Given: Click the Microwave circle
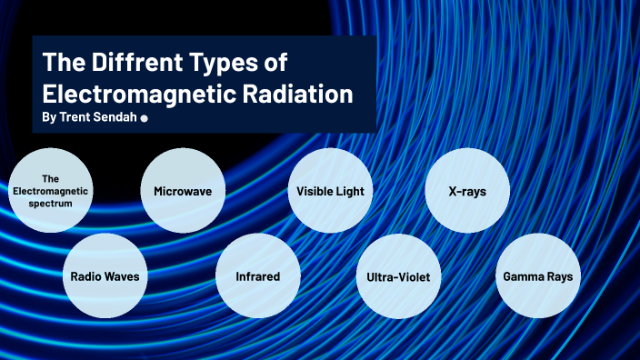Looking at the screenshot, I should click(183, 191).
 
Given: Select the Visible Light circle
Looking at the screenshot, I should click(329, 191).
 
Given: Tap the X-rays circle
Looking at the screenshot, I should click(466, 191).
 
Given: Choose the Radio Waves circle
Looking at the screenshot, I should click(104, 275).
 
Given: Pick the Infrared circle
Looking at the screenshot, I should click(256, 275).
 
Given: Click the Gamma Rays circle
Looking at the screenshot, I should click(537, 275).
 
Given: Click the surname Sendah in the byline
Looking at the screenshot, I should click(115, 118).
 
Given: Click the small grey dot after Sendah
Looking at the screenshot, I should click(145, 119).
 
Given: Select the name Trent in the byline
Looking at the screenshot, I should click(75, 118).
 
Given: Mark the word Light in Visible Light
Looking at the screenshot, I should click(349, 191).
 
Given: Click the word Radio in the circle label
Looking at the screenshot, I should click(85, 275).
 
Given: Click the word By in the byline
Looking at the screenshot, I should click(49, 118).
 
